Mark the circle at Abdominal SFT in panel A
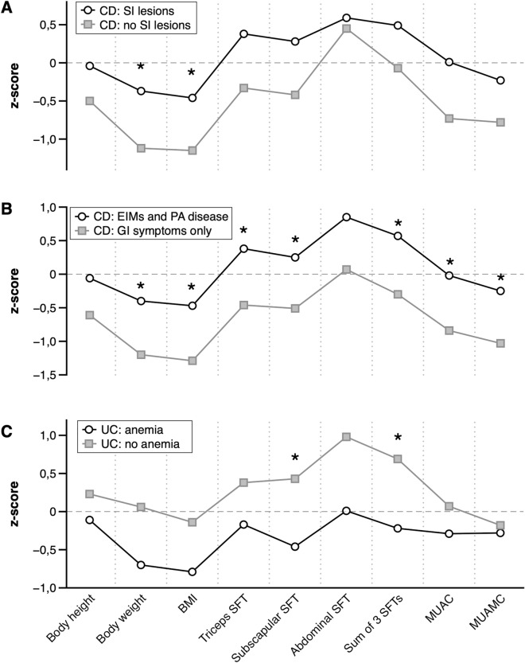[346, 18]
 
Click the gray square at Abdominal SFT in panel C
[346, 437]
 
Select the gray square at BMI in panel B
[192, 361]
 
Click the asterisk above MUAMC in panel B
[500, 279]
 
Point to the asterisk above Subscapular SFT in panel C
[295, 458]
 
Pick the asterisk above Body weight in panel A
[141, 67]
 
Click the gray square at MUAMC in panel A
[500, 123]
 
